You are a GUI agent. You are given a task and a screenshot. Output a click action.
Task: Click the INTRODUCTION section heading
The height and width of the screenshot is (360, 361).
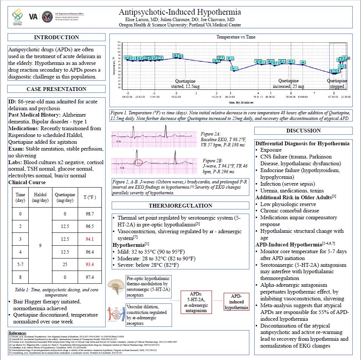pyautogui.click(x=57, y=37)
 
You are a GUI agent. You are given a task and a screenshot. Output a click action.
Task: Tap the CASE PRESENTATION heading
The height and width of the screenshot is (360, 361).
pyautogui.click(x=57, y=89)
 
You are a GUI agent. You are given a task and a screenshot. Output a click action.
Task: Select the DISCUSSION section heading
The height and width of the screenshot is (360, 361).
pyautogui.click(x=303, y=131)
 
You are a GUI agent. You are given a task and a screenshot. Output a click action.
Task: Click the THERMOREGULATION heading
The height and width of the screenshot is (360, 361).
pyautogui.click(x=180, y=206)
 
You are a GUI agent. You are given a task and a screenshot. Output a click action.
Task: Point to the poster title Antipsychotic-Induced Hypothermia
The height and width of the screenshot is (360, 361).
pyautogui.click(x=180, y=12)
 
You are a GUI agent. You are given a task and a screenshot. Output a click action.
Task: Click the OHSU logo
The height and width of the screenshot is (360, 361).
pyautogui.click(x=17, y=17)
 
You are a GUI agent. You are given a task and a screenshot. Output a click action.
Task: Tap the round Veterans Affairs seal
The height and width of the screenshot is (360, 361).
pyautogui.click(x=48, y=17)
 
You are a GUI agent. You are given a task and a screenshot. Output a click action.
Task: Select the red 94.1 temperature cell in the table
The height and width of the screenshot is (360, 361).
pyautogui.click(x=89, y=239)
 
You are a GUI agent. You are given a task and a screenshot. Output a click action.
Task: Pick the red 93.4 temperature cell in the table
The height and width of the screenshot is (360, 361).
pyautogui.click(x=89, y=265)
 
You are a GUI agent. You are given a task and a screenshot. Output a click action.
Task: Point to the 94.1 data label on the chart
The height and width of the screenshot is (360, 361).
pyautogui.click(x=235, y=68)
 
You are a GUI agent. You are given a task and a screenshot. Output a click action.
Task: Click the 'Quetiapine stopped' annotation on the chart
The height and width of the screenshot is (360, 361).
pyautogui.click(x=337, y=83)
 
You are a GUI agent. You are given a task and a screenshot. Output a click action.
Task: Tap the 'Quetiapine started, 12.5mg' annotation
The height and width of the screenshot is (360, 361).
pyautogui.click(x=185, y=83)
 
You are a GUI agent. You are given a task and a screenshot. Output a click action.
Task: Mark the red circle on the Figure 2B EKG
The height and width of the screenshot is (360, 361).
pyautogui.click(x=138, y=163)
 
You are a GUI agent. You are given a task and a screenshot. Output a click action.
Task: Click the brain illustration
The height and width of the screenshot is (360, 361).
pyautogui.click(x=117, y=284)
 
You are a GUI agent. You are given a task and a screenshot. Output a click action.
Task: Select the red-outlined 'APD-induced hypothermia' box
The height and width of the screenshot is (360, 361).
pyautogui.click(x=237, y=302)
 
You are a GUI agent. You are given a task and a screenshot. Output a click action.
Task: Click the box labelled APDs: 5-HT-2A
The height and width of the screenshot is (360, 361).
pyautogui.click(x=196, y=302)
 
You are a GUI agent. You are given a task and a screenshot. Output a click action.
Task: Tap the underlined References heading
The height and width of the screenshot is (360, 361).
pyautogui.click(x=17, y=333)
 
